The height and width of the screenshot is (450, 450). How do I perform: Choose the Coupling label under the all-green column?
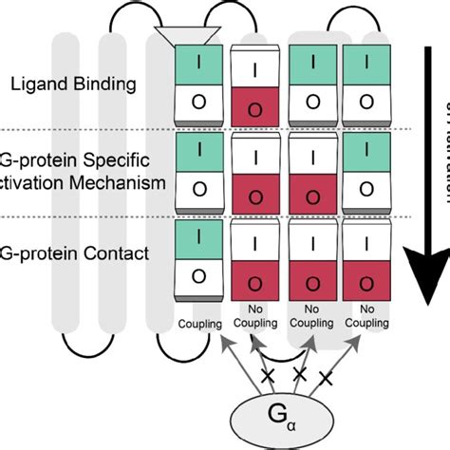(x=199, y=322)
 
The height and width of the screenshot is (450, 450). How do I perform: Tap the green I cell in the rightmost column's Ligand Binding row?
(x=366, y=65)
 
